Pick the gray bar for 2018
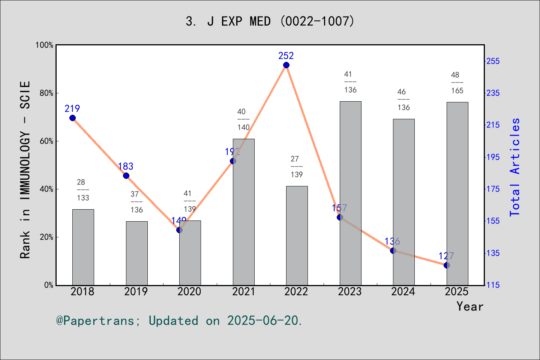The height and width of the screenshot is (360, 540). (83, 247)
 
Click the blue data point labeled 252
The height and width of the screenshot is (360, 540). (286, 65)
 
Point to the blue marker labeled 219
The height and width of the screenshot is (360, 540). (72, 118)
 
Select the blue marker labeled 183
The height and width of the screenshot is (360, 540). (126, 176)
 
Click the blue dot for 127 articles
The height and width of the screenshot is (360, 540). (447, 265)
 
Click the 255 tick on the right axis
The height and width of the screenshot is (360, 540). (493, 61)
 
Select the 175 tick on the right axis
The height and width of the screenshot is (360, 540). (493, 189)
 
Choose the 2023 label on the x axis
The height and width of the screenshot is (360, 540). (349, 292)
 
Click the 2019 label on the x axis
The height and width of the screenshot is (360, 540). (136, 292)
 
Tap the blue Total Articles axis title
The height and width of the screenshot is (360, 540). (515, 167)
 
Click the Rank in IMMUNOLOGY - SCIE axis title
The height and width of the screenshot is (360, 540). (25, 169)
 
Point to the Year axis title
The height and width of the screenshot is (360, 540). (469, 307)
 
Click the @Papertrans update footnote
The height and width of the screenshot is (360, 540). (179, 321)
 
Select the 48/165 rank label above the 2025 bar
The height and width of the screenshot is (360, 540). (457, 83)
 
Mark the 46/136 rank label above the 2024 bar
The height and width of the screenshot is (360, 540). (403, 100)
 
